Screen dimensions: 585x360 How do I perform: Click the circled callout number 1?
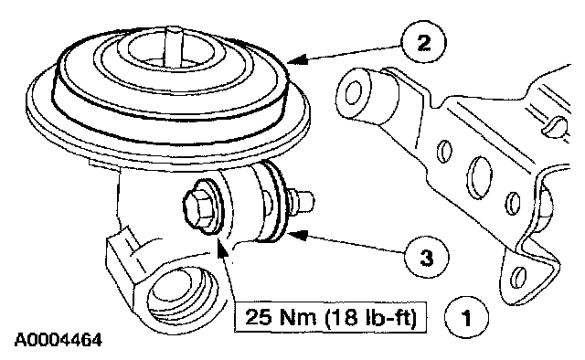pyautogui.click(x=466, y=318)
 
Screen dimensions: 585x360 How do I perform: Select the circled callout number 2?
pyautogui.click(x=423, y=43)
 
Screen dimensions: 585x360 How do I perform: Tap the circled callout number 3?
pyautogui.click(x=427, y=257)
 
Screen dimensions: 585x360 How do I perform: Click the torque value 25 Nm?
pyautogui.click(x=281, y=317)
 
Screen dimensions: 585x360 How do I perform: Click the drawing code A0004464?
pyautogui.click(x=58, y=340)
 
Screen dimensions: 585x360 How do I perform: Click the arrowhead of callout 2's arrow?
pyautogui.click(x=297, y=60)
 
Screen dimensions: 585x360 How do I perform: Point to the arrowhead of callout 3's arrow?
pyautogui.click(x=297, y=236)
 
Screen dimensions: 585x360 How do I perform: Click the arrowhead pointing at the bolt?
pyautogui.click(x=222, y=249)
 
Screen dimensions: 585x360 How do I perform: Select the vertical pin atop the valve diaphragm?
pyautogui.click(x=173, y=46)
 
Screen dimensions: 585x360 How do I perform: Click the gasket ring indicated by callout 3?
pyautogui.click(x=278, y=201)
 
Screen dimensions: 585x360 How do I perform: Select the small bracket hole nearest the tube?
pyautogui.click(x=443, y=152)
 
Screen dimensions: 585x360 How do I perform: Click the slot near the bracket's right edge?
pyautogui.click(x=554, y=126)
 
